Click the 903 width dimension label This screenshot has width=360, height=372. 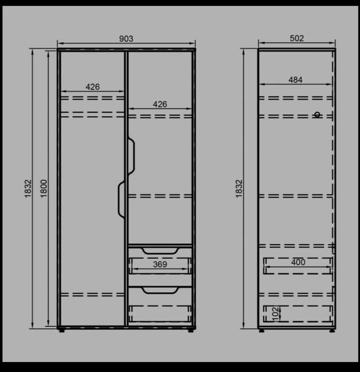pos(126,39)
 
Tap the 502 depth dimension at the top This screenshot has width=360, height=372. pos(297,38)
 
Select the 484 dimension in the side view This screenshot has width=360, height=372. pos(295,80)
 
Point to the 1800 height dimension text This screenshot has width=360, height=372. pos(44,188)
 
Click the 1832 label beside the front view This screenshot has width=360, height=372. pos(28,188)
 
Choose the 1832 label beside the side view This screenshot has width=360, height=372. pos(239,188)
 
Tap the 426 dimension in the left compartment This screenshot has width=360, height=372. pos(93,87)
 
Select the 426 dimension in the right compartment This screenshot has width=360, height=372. pos(160,104)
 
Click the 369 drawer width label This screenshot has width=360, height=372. pos(160,264)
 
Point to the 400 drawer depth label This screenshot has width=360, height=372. pos(298,262)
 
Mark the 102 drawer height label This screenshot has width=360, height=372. pos(275,314)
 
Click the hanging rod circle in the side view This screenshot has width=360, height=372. pos(317,115)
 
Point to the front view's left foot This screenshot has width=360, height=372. pos(62,330)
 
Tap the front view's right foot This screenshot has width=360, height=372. pos(191,330)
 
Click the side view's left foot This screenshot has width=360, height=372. pos(262,330)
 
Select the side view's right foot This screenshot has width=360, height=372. pos(332,330)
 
